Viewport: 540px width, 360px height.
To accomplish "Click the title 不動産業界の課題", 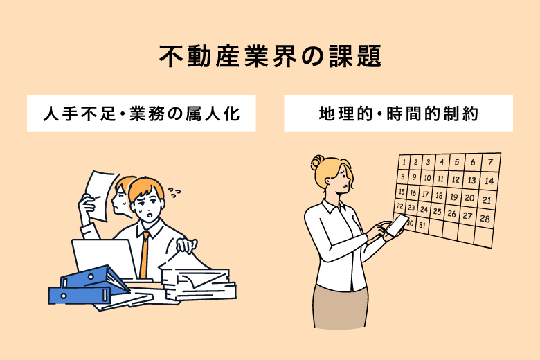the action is (x=270, y=56).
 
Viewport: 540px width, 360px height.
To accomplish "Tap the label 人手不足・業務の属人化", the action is (x=141, y=114).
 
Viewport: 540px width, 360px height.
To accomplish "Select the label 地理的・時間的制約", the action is (x=399, y=114).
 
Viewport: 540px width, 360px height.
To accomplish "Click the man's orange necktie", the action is (x=144, y=255).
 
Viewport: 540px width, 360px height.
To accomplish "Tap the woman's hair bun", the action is (x=317, y=163).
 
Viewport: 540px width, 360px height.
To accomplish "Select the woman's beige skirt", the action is (x=340, y=307).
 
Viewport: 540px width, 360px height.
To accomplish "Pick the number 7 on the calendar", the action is (x=490, y=162).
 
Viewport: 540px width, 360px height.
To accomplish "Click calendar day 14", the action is (x=489, y=181).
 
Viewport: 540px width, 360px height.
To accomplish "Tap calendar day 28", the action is (x=485, y=218).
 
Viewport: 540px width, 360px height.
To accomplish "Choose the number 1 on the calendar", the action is (x=404, y=161).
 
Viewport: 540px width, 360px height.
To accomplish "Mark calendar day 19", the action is (x=454, y=197).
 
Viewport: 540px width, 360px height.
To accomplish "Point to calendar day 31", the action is (x=422, y=226).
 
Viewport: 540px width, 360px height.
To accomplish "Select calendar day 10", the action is (x=427, y=178).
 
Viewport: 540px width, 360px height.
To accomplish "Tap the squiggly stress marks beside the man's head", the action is (x=174, y=192).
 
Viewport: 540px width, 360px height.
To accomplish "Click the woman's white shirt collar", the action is (x=334, y=207).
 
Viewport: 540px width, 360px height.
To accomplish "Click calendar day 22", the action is (x=400, y=206).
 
